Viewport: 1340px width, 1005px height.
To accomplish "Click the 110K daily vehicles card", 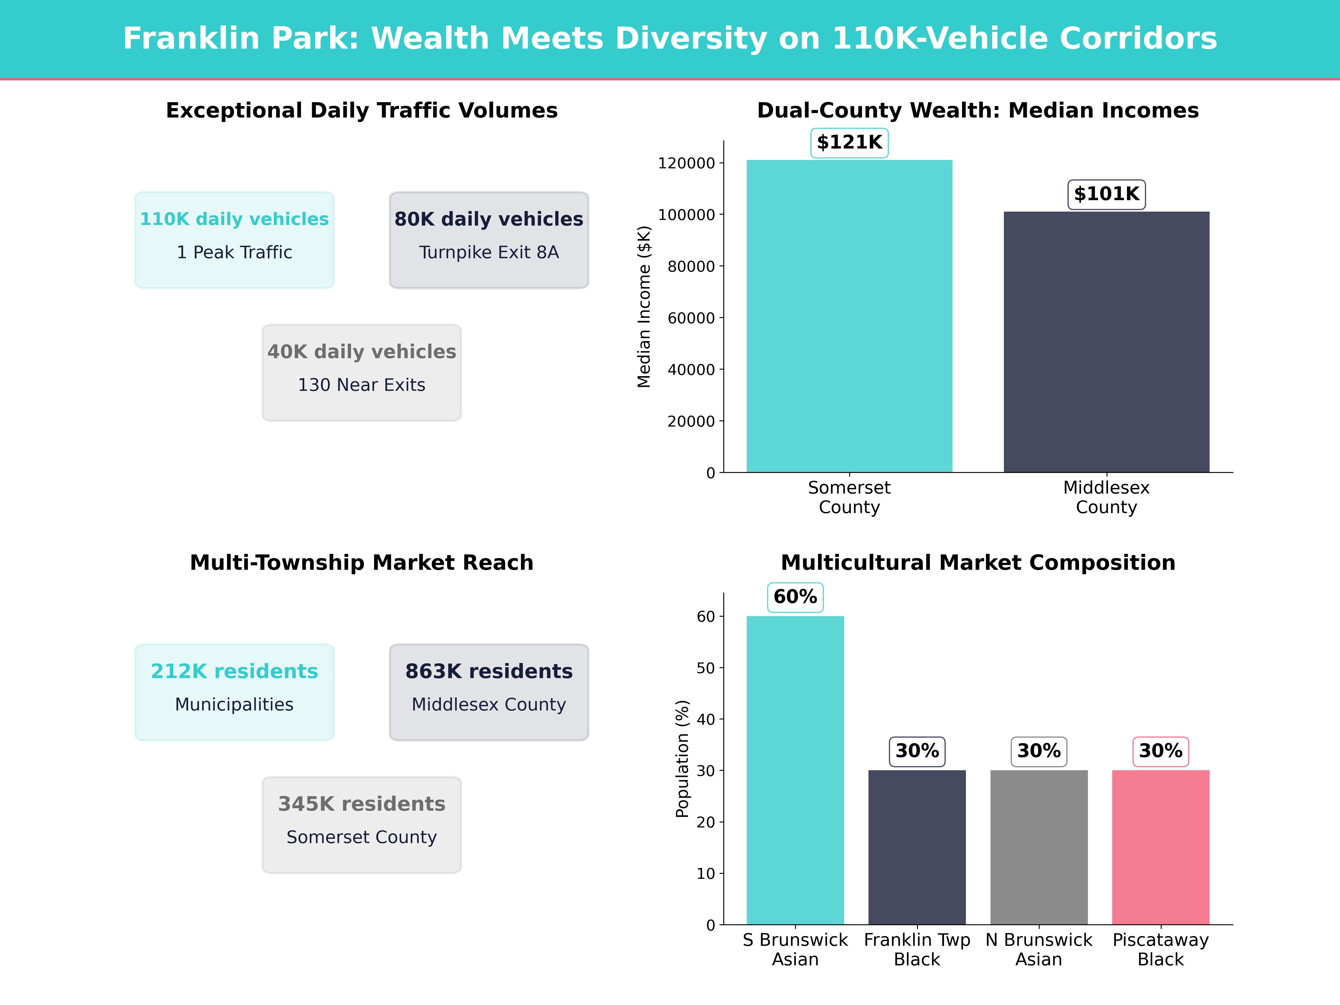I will pos(234,240).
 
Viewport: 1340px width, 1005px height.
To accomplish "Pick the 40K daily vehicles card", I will pos(362,373).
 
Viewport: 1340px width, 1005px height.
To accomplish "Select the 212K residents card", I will pos(234,692).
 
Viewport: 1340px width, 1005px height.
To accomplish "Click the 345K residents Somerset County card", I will pos(362,824).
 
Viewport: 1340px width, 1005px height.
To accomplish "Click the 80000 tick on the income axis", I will pos(691,267).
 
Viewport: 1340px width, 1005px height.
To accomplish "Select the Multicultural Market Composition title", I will pos(978,563).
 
